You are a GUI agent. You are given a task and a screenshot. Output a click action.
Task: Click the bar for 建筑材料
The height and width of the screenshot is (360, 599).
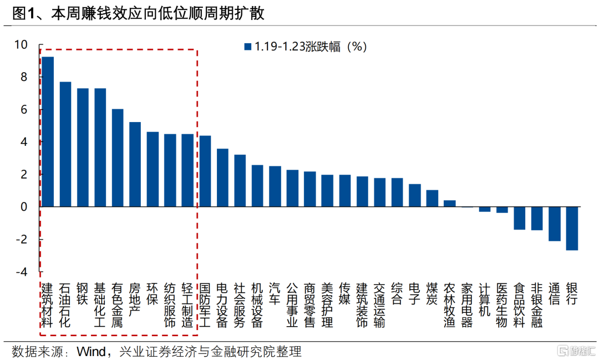48,132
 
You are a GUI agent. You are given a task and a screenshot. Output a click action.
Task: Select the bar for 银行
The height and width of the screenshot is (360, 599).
572,228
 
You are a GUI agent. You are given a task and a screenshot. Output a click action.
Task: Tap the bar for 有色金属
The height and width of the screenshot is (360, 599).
118,158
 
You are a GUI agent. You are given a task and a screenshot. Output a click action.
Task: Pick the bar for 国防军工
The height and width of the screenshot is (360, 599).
205,171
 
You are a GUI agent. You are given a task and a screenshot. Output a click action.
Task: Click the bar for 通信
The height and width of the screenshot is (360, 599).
554,224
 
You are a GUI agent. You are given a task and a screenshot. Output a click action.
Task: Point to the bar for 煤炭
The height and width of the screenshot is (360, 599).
432,199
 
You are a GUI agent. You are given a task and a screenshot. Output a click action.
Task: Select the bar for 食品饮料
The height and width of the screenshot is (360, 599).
519,218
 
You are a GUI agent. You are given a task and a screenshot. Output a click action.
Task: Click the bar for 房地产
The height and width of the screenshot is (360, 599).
135,164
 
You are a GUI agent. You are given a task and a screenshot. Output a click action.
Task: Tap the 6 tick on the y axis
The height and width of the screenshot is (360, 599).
23,110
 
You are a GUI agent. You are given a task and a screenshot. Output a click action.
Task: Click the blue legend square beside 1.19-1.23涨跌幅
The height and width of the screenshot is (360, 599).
248,47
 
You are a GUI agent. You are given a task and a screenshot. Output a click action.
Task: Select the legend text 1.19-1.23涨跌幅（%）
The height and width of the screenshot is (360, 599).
311,47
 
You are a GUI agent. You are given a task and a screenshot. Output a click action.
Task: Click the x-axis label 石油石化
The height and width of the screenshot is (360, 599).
65,305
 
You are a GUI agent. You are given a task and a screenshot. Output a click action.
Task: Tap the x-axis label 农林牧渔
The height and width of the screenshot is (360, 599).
449,305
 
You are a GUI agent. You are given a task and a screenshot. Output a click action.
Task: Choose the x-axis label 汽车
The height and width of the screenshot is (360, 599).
275,293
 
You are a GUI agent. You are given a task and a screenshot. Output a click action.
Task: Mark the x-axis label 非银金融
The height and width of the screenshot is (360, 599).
536,305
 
